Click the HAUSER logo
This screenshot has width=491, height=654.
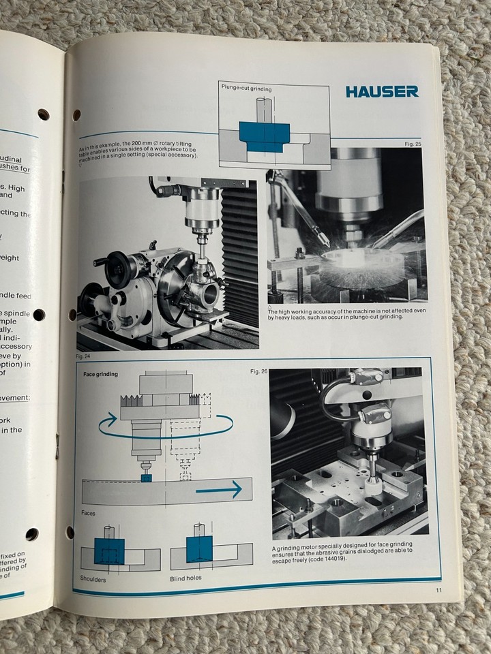tap(381, 91)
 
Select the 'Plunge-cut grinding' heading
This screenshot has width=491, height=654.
tap(245, 88)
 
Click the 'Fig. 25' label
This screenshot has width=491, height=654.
tap(413, 144)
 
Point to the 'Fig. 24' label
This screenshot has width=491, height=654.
tap(84, 356)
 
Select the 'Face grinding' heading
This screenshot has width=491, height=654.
tap(100, 374)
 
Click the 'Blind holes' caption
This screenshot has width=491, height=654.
tap(185, 578)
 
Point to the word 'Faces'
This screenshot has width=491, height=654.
tap(88, 513)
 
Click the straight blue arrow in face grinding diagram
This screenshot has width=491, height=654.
tap(218, 489)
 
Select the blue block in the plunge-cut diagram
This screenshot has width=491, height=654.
tap(265, 136)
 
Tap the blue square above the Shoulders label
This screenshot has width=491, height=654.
tap(108, 550)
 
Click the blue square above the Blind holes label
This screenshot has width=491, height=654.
tap(199, 548)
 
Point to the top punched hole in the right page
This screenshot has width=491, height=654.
tap(76, 114)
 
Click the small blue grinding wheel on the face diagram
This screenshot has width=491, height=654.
tap(145, 478)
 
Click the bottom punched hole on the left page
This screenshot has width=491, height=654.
tap(31, 534)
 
